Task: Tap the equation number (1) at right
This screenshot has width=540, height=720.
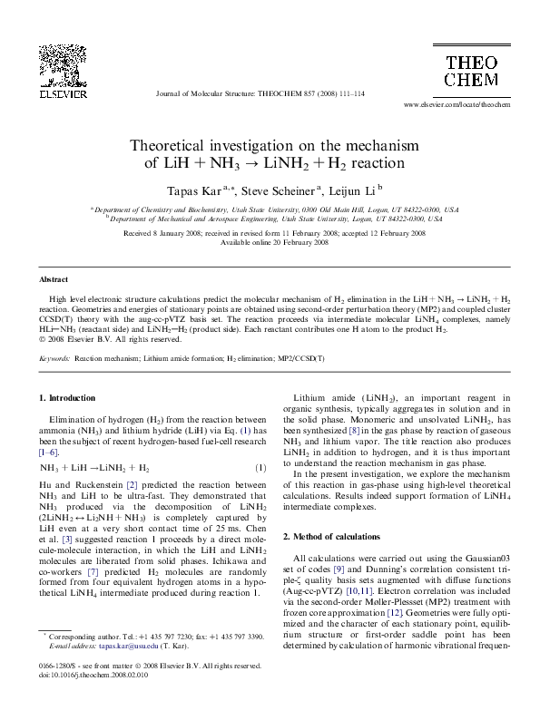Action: (x=260, y=468)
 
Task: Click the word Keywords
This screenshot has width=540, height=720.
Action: (x=54, y=359)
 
